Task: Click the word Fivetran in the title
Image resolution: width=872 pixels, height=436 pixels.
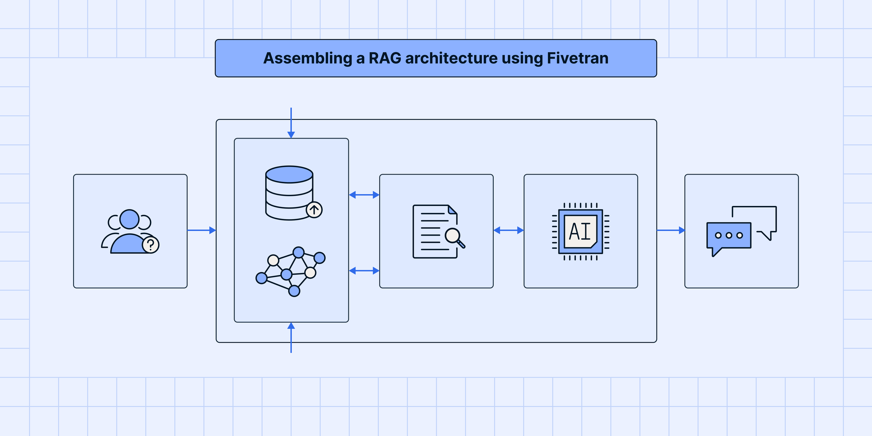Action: click(578, 58)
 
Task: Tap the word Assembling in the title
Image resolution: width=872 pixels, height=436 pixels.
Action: click(307, 58)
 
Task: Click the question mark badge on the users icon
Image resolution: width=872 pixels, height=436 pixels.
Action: click(151, 245)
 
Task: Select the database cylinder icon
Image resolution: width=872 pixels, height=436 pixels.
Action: click(289, 192)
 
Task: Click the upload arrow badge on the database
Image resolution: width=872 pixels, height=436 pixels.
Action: click(314, 210)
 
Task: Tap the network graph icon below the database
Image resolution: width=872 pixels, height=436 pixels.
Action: click(290, 271)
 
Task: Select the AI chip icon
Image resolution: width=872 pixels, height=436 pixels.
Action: click(581, 232)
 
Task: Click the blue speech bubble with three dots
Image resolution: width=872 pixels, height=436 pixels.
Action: click(728, 236)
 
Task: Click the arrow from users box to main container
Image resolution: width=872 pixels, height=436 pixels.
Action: click(202, 230)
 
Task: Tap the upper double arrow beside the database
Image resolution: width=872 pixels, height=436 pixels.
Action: click(364, 195)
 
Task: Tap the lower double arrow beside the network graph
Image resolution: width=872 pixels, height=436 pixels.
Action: click(364, 270)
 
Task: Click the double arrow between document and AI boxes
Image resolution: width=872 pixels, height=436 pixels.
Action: click(508, 230)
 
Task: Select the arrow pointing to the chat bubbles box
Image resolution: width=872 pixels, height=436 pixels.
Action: click(670, 230)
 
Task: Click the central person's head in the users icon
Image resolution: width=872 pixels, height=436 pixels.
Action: click(129, 219)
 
